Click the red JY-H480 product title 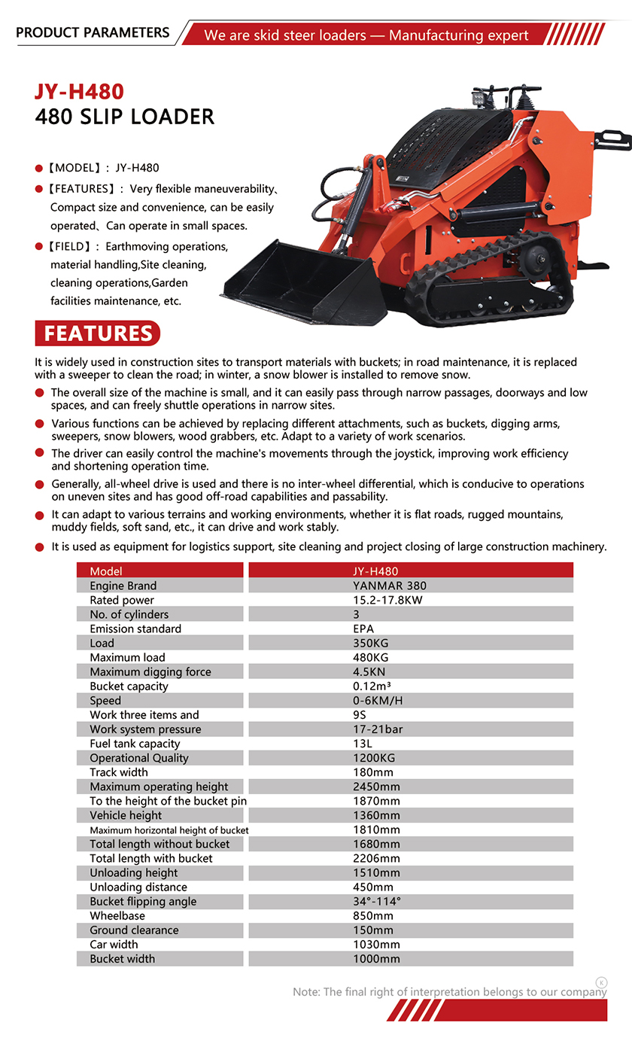coord(79,91)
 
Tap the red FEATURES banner coord(98,333)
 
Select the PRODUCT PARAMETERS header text coord(93,32)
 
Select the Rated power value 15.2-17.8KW coord(388,600)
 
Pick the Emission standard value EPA coord(363,629)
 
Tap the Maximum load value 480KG coord(370,657)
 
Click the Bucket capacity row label coord(129,686)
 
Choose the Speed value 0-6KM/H coord(378,700)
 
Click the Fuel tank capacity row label coord(135,743)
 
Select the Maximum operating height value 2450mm coord(376,786)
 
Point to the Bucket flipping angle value coord(377,901)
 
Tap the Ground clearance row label coord(134,930)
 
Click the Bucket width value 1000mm coord(376,958)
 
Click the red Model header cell coord(160,571)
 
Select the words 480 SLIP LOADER coord(125,117)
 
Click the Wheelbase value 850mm coord(373,915)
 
